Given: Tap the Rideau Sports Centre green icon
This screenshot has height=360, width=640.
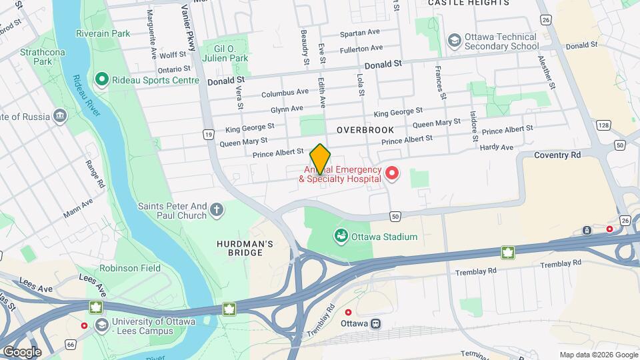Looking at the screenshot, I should pos(102,80).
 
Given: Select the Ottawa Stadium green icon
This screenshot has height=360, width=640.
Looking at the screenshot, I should pos(341,236).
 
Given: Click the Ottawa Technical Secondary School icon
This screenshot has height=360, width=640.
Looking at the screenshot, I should pos(454,40).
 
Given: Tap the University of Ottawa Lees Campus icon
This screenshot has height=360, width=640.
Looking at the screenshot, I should pos(102,325).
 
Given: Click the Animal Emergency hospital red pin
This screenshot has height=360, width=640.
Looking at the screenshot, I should pos(392,174).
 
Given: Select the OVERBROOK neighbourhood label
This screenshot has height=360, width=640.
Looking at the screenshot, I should pos(365,130).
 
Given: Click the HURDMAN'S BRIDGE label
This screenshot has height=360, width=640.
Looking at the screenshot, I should pos(245,249).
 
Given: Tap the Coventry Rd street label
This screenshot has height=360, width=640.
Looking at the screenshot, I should pos(557,155).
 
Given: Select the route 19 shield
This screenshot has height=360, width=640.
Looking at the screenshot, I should pos(209,135).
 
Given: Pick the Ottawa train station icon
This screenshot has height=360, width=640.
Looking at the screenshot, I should pos(377,323).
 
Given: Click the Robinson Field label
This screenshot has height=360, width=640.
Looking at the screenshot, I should pos(129,268).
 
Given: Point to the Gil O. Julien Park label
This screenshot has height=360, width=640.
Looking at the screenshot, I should pos(231,53).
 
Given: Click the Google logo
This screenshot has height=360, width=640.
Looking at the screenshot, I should pos(22,351).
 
